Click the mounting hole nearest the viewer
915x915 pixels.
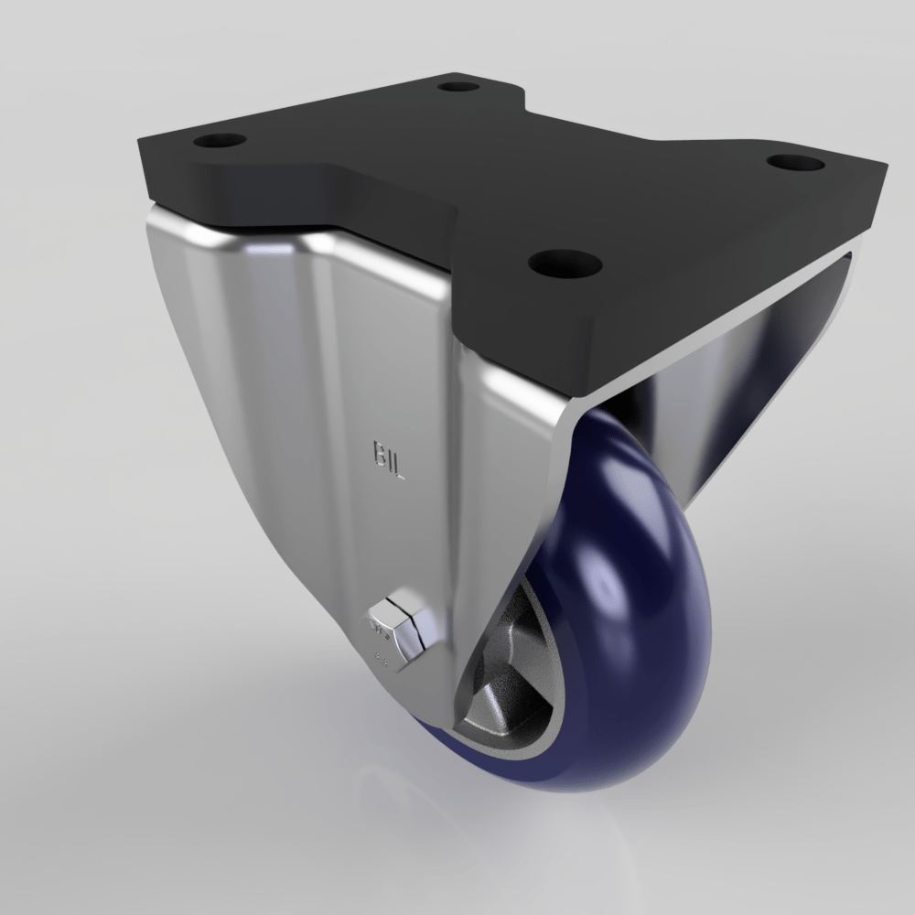(565, 264)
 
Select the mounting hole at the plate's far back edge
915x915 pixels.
(458, 88)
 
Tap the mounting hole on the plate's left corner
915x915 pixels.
(221, 142)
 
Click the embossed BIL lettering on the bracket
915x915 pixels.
(389, 461)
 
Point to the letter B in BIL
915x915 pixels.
(378, 454)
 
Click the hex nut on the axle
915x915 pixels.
(400, 625)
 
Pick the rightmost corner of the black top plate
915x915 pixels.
(885, 167)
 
